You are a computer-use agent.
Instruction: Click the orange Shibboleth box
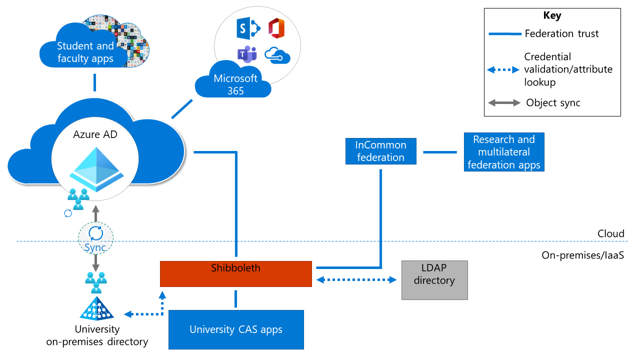pyautogui.click(x=235, y=273)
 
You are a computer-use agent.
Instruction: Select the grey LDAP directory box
pyautogui.click(x=434, y=280)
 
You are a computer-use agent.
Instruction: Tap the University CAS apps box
pyautogui.click(x=236, y=329)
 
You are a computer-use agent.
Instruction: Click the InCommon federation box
pyautogui.click(x=381, y=151)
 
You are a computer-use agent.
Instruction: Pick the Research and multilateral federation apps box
pyautogui.click(x=503, y=152)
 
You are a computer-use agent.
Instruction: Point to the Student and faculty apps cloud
pyautogui.click(x=85, y=52)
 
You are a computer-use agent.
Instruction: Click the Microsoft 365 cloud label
pyautogui.click(x=235, y=84)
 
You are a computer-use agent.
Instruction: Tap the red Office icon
pyautogui.click(x=276, y=28)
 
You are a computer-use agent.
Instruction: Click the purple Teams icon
pyautogui.click(x=247, y=54)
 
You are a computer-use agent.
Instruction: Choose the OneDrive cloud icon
pyautogui.click(x=277, y=55)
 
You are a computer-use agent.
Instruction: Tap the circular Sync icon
pyautogui.click(x=95, y=233)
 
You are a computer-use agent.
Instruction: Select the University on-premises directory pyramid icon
pyautogui.click(x=96, y=308)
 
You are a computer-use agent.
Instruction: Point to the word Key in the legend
pyautogui.click(x=552, y=15)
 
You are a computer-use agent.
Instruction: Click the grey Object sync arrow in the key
pyautogui.click(x=504, y=103)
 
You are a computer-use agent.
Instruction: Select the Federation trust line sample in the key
pyautogui.click(x=504, y=34)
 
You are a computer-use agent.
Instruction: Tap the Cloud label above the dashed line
pyautogui.click(x=611, y=233)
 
